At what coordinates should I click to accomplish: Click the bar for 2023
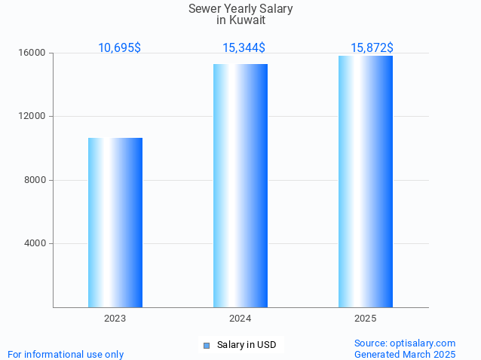(115, 222)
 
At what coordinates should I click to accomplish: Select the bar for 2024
(240, 185)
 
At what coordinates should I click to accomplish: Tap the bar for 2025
(366, 181)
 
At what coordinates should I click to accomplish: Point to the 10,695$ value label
(119, 47)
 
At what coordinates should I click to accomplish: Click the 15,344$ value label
(244, 47)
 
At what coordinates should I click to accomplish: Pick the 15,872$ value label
(372, 47)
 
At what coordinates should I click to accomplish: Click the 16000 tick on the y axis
(33, 53)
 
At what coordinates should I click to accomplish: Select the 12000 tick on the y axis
(33, 117)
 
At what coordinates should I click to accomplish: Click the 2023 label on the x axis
(115, 319)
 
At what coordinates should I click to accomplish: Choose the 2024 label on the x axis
(240, 319)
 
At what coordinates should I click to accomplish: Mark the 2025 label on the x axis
(366, 319)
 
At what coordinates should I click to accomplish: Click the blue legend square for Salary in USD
(207, 346)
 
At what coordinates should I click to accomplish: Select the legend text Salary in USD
(247, 345)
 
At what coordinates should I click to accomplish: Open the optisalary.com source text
(405, 343)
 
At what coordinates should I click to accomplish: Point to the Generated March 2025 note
(405, 354)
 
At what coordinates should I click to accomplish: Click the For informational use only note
(66, 354)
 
